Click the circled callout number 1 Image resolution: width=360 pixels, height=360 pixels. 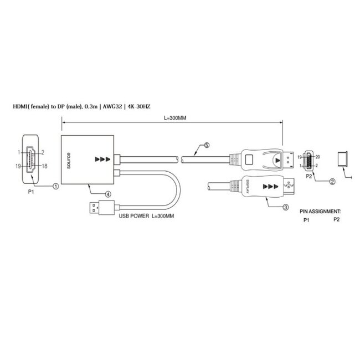click(x=56, y=187)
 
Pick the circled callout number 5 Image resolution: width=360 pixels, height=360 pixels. click(x=207, y=146)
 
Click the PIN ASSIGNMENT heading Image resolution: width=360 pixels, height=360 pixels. click(x=320, y=212)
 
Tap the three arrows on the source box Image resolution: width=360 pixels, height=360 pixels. click(x=102, y=160)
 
